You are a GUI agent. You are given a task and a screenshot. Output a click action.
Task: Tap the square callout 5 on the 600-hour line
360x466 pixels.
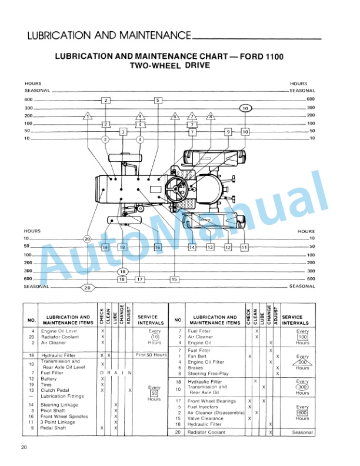(158, 101)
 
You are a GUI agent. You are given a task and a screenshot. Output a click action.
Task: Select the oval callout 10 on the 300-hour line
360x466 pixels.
(245, 108)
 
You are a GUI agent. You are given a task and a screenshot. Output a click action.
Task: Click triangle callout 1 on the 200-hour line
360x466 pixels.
(87, 116)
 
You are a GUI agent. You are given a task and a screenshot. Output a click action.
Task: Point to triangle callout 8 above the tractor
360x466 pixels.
(211, 116)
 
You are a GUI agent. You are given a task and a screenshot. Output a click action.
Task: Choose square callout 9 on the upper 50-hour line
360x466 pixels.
(228, 132)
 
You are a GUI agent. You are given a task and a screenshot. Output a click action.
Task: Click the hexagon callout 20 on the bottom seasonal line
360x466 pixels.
(87, 288)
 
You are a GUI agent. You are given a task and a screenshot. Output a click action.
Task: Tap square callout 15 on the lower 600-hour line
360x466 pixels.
(174, 279)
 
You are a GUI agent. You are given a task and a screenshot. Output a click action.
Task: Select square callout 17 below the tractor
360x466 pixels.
(139, 279)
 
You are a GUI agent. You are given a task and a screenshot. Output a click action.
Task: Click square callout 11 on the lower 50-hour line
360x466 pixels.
(244, 248)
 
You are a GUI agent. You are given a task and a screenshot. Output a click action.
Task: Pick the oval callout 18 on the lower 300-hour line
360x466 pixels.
(122, 271)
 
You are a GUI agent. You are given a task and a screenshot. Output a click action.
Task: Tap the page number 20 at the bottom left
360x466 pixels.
(24, 448)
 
